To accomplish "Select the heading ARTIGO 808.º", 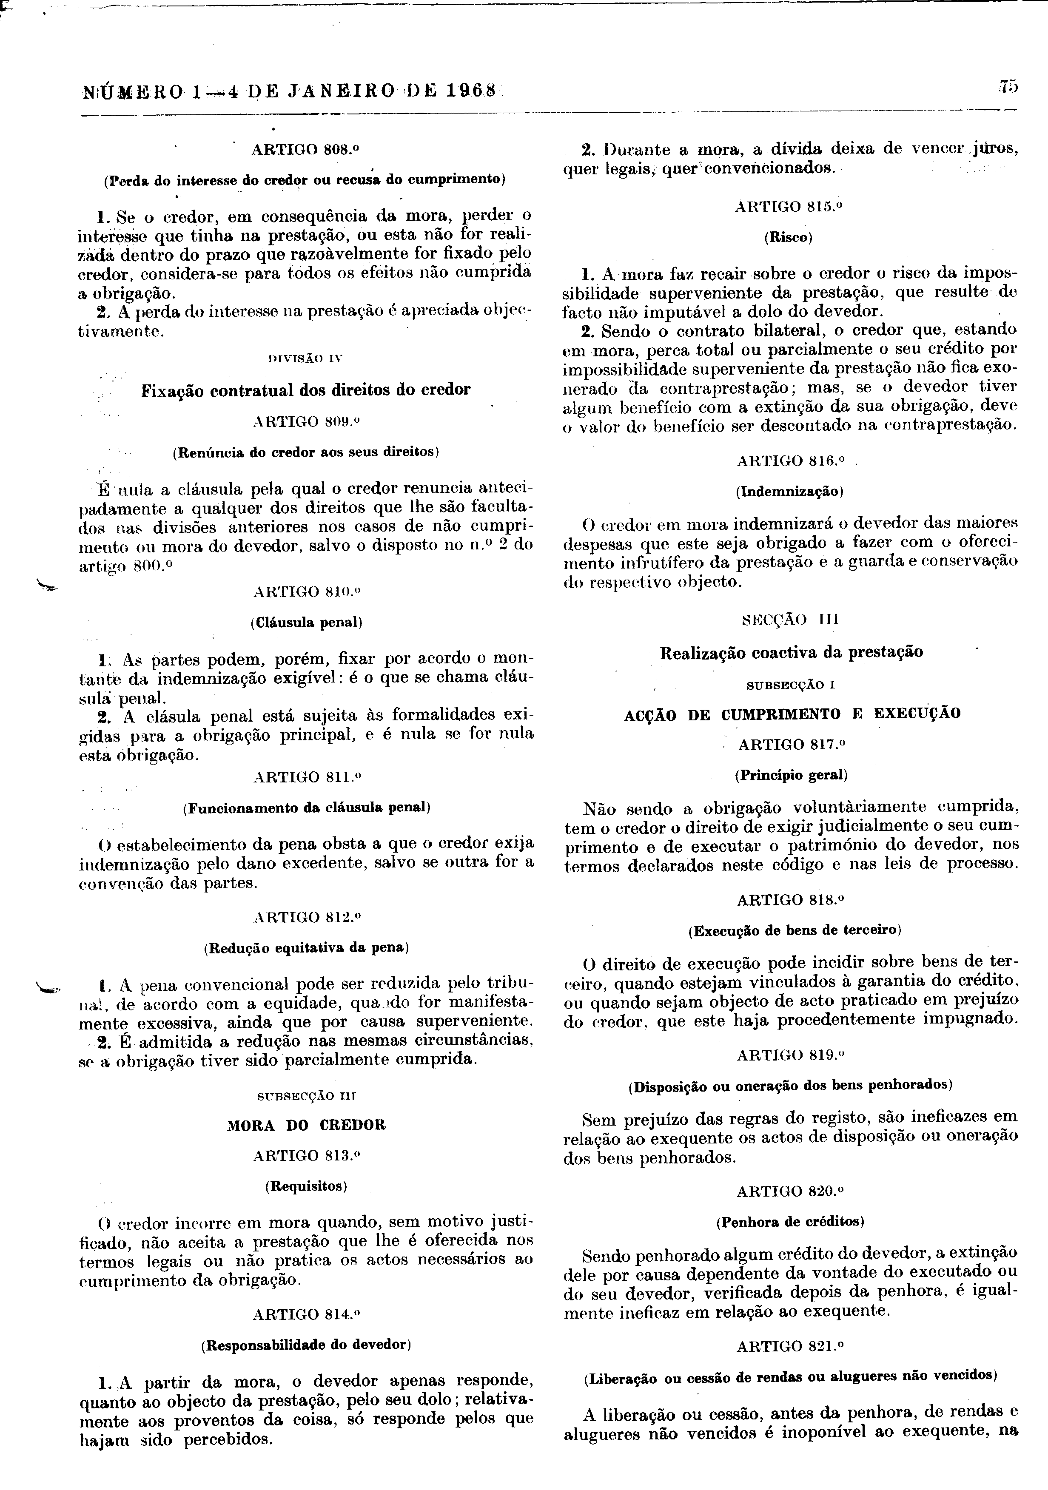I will pos(306,148).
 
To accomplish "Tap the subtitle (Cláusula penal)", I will pos(306,623).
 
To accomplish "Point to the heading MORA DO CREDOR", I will pos(306,1125).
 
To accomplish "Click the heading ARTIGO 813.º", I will pos(306,1155).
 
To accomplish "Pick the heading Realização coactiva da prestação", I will pos(791,652).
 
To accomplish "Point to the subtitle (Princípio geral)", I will pos(791,775).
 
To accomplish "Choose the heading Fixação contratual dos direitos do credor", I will pos(306,390).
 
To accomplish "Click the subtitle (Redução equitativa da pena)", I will pos(306,947).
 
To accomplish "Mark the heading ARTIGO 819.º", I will pos(790,1055).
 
